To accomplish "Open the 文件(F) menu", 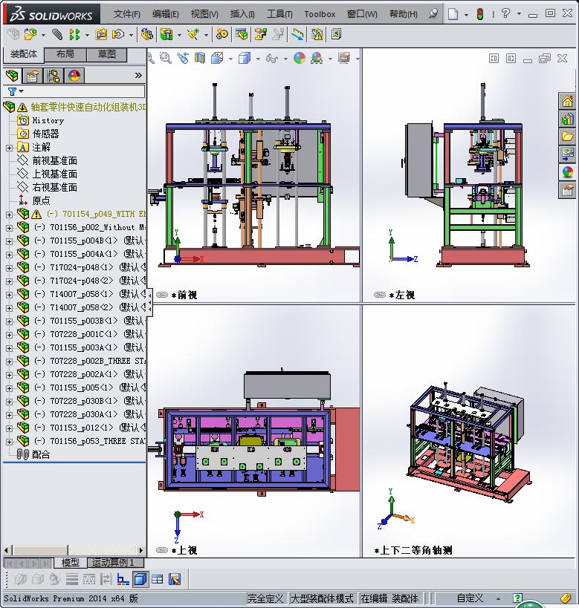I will (126, 14).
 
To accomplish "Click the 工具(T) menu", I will (279, 14).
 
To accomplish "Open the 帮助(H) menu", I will (403, 14).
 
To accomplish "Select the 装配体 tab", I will (24, 55).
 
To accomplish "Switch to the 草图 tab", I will (107, 55).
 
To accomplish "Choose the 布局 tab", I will (65, 55).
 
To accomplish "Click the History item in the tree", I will (48, 120).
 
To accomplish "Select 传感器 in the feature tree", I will (45, 134).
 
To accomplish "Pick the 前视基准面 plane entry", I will (54, 160).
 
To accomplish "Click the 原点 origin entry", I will (41, 200).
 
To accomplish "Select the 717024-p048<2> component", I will (82, 281).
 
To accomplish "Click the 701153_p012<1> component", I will (82, 428).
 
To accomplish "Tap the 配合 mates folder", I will (41, 454).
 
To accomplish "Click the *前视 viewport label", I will (184, 295).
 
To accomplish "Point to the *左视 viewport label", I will (401, 295).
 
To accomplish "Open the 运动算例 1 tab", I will (113, 563).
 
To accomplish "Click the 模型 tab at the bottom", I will (71, 563).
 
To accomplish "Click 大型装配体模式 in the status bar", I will (322, 598).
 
